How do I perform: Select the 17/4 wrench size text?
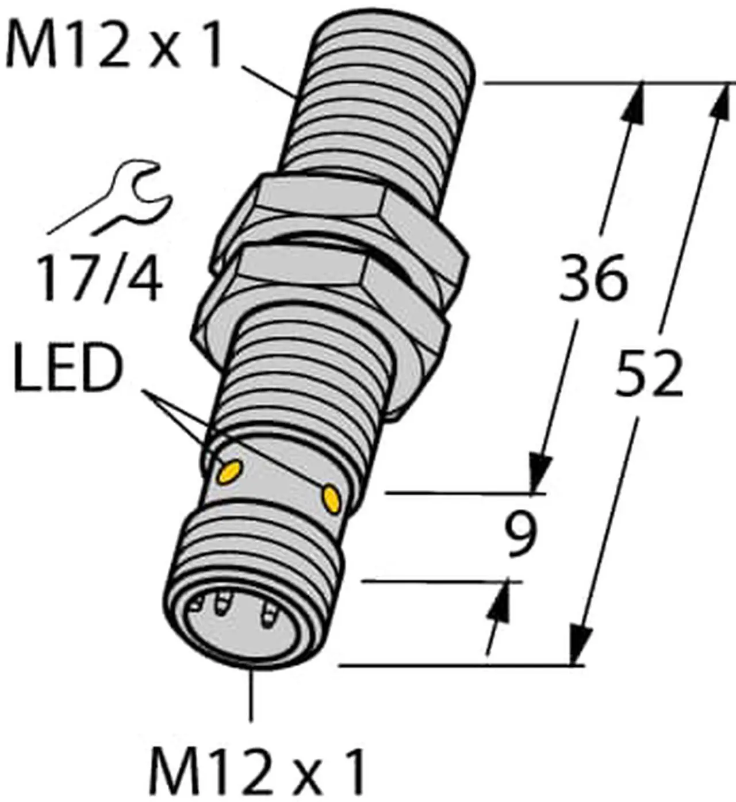pos(98,279)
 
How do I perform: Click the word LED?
pos(68,369)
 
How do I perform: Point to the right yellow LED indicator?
pos(332,497)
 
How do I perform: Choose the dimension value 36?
pos(593,279)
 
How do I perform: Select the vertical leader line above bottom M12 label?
pos(251,696)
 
